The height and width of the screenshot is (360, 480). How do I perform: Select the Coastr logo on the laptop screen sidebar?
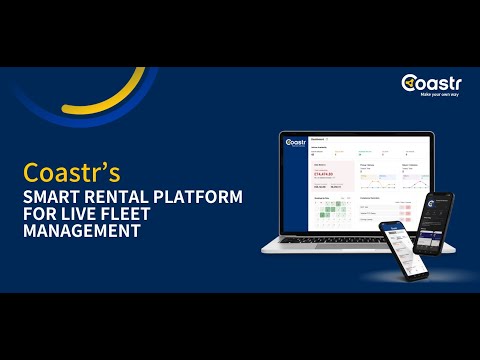[x=296, y=144]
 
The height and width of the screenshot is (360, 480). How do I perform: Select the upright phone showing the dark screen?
[x=437, y=222]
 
